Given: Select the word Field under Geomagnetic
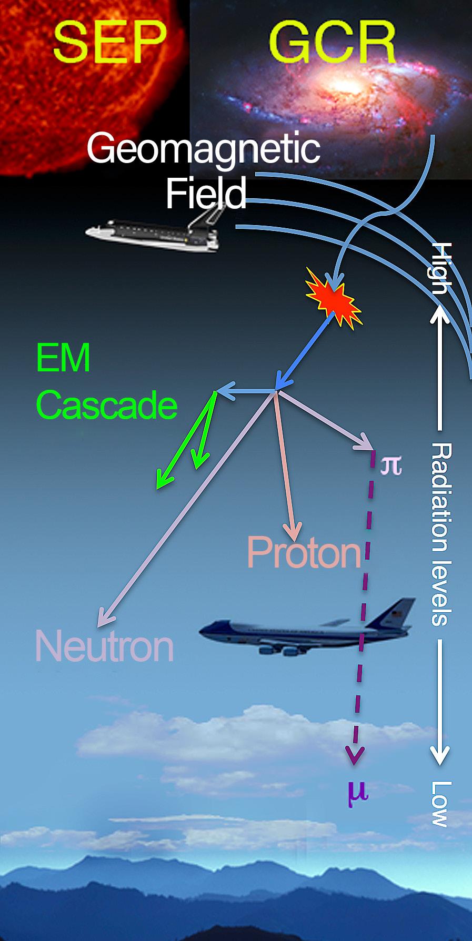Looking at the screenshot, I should click(206, 193).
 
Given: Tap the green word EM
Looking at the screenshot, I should click(63, 358).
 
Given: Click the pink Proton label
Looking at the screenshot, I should click(304, 552).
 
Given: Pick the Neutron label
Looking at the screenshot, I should click(104, 646).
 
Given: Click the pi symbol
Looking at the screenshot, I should click(391, 465).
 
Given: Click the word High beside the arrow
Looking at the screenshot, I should click(440, 268).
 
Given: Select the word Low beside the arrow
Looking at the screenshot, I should click(440, 804).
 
